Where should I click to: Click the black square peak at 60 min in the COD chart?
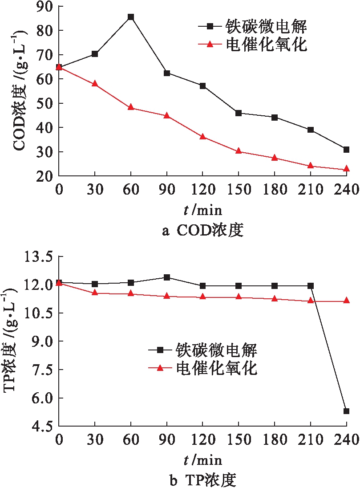coord(130,17)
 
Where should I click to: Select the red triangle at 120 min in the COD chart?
coord(202,137)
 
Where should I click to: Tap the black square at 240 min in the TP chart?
coord(346,411)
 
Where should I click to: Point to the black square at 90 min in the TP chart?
coord(166,277)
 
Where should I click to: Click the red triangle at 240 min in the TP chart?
coord(346,301)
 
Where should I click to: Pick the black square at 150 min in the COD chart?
coord(239,113)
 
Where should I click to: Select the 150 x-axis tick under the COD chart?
coord(239,190)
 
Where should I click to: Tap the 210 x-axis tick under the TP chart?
coord(310,440)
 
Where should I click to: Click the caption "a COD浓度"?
coord(203,231)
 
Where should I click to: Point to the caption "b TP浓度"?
coord(203,480)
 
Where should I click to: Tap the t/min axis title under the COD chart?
coord(203,210)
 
